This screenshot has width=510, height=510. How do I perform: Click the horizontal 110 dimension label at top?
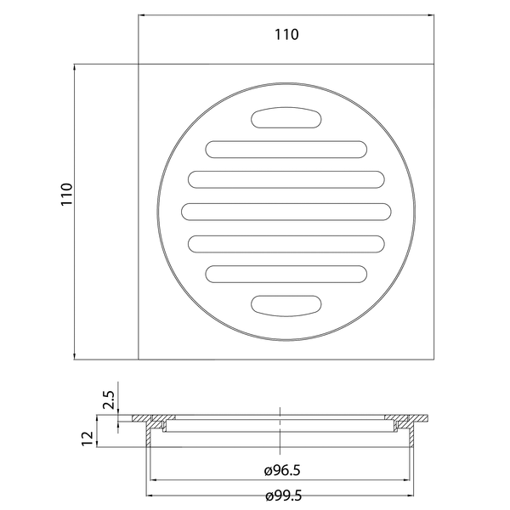(286, 35)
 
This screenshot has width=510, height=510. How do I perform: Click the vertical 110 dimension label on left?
(66, 194)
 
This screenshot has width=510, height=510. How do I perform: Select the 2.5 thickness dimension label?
(109, 399)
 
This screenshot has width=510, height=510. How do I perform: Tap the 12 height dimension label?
(88, 438)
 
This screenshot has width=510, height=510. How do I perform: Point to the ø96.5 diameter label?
(282, 470)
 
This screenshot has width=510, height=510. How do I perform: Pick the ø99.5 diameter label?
(283, 496)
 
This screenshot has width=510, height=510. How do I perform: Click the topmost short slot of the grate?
(286, 117)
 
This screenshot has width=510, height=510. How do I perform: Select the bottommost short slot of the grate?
(286, 306)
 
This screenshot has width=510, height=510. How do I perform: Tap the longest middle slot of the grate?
(286, 212)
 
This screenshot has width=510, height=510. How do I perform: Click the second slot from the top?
(286, 150)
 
